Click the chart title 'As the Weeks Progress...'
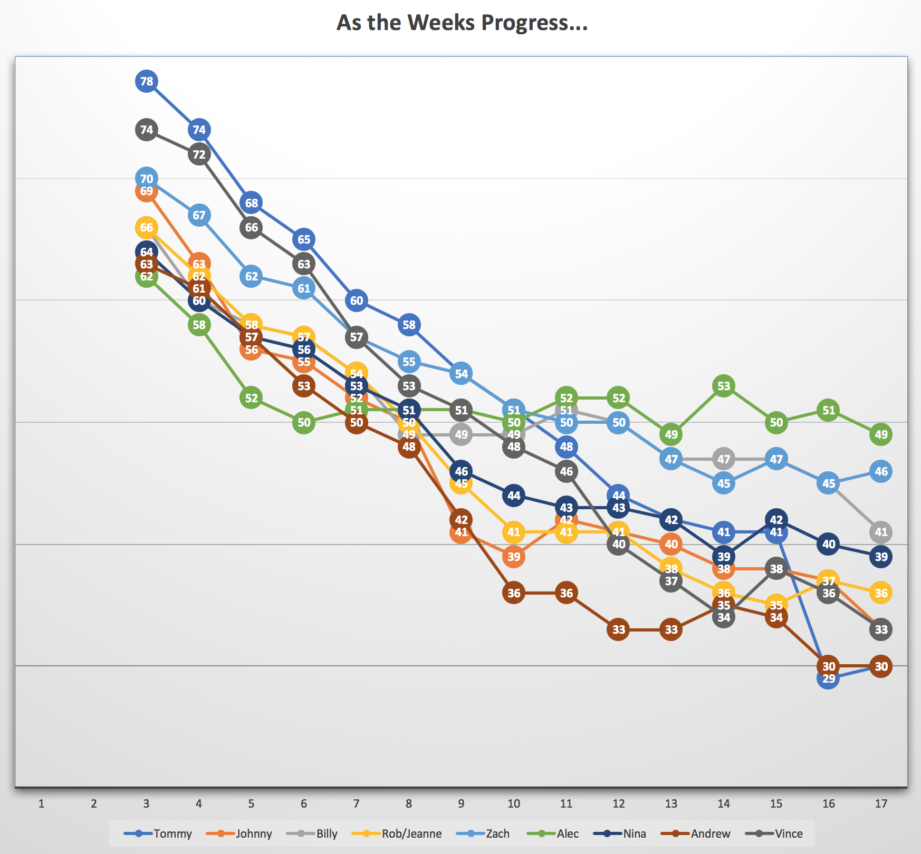point(462,23)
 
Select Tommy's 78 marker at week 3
point(147,81)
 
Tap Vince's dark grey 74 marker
point(147,130)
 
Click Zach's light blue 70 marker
point(147,179)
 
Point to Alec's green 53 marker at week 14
point(724,386)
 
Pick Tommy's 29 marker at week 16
point(829,679)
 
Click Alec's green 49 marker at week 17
point(881,434)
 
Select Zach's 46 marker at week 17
point(881,471)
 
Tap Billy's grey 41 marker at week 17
point(881,532)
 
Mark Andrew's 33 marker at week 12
point(619,629)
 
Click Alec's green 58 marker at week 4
point(199,325)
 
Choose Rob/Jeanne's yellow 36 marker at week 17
point(881,593)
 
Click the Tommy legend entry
point(158,833)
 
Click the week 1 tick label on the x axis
point(41,803)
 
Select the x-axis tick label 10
point(514,803)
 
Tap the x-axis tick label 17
point(881,803)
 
